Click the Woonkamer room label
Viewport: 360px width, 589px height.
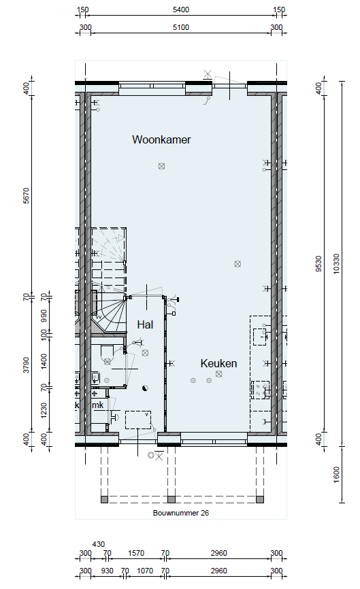161,139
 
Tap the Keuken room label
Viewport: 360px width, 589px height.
218,363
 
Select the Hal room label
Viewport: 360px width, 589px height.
145,324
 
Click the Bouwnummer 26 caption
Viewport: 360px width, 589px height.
181,513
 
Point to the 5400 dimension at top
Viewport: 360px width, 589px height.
181,10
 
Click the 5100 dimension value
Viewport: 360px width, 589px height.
181,27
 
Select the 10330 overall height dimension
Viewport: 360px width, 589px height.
336,264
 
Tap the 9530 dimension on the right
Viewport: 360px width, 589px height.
318,264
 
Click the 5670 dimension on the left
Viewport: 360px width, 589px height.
26,196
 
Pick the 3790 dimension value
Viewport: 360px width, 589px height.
26,365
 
